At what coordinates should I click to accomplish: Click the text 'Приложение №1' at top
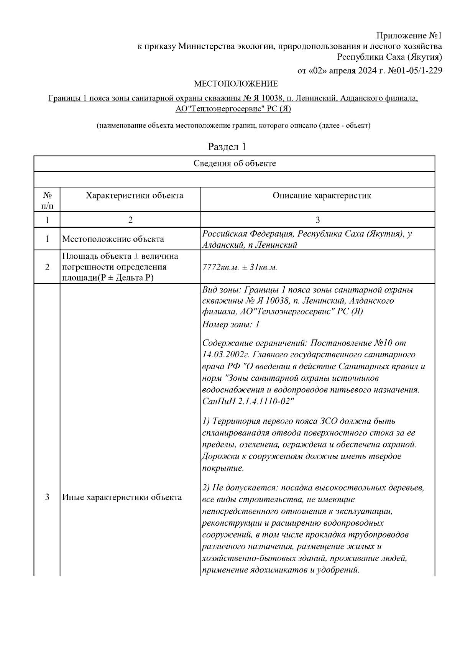(409, 36)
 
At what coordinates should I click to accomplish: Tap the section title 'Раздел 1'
(227, 147)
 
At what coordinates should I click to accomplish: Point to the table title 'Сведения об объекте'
(234, 164)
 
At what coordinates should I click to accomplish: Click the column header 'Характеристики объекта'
(134, 196)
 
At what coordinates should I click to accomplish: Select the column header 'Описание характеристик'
(322, 196)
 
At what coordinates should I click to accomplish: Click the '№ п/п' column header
(47, 201)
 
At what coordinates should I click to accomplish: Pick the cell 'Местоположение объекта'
(113, 239)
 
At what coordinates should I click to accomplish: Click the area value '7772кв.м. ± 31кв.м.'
(240, 267)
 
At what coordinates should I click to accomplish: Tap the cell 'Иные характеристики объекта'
(122, 498)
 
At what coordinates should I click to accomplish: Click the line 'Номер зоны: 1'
(231, 324)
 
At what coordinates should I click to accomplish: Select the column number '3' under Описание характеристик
(317, 220)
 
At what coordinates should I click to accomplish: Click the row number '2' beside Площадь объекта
(47, 267)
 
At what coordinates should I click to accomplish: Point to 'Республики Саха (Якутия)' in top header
(389, 58)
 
